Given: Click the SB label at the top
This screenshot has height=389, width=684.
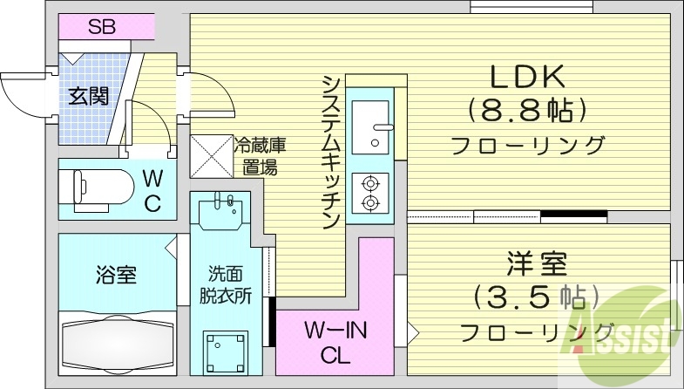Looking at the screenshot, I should [101, 26].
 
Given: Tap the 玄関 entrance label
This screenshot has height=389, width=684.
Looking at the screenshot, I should [89, 97].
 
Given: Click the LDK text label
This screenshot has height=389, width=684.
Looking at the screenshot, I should [527, 78].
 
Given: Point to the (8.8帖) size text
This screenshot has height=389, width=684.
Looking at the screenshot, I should [525, 110].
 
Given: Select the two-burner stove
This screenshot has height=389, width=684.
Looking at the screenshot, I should [372, 193].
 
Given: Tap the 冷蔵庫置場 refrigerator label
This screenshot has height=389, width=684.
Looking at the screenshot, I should [259, 155].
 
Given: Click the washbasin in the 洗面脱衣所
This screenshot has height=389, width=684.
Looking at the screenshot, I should [218, 212].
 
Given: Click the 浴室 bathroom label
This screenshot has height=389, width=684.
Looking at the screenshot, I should [115, 276].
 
